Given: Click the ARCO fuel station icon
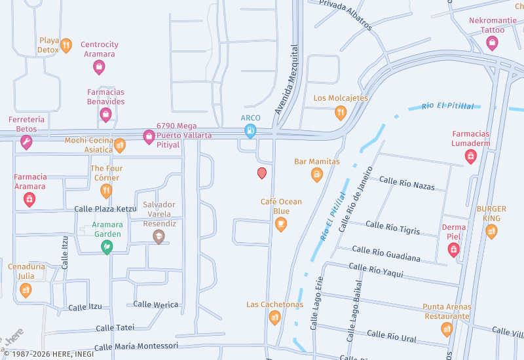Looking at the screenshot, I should click(x=250, y=131).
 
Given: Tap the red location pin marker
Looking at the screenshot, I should click(x=262, y=173).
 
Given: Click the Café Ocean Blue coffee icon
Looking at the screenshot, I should click(x=281, y=225).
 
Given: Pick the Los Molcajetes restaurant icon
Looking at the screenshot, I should click(x=341, y=113).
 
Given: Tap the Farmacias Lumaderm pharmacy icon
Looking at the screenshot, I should click(x=470, y=156).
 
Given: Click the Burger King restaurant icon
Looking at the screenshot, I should click(x=491, y=231).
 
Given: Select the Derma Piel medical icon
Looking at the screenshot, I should click(x=453, y=249).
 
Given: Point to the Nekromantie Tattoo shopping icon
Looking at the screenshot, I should click(x=492, y=43).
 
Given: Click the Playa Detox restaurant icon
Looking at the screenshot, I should click(x=66, y=46).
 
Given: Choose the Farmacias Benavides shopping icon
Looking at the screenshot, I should click(x=105, y=115).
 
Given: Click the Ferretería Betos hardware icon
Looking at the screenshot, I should click(x=26, y=142).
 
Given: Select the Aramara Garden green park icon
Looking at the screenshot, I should click(x=106, y=247).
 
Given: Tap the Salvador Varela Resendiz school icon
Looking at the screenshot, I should click(x=159, y=236).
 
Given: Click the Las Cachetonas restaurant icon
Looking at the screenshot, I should click(x=275, y=317).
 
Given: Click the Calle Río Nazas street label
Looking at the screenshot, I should click(x=407, y=183).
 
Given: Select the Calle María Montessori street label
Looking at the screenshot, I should click(x=136, y=346).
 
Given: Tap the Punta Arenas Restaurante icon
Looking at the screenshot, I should click(x=447, y=329).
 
